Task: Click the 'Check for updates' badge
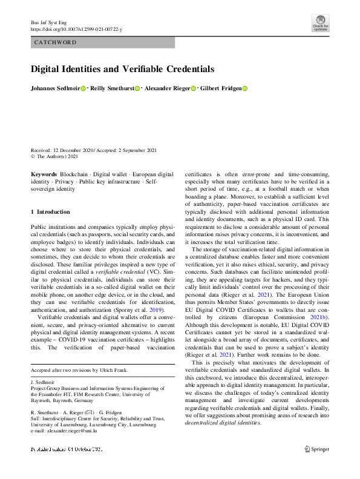pos(320,22)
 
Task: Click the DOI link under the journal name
pos(76,29)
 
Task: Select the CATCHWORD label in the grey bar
pos(55,42)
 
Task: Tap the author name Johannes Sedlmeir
pos(55,89)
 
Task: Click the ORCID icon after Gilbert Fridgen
pos(245,89)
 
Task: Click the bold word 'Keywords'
pos(44,174)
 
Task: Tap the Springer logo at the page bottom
pos(316,449)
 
